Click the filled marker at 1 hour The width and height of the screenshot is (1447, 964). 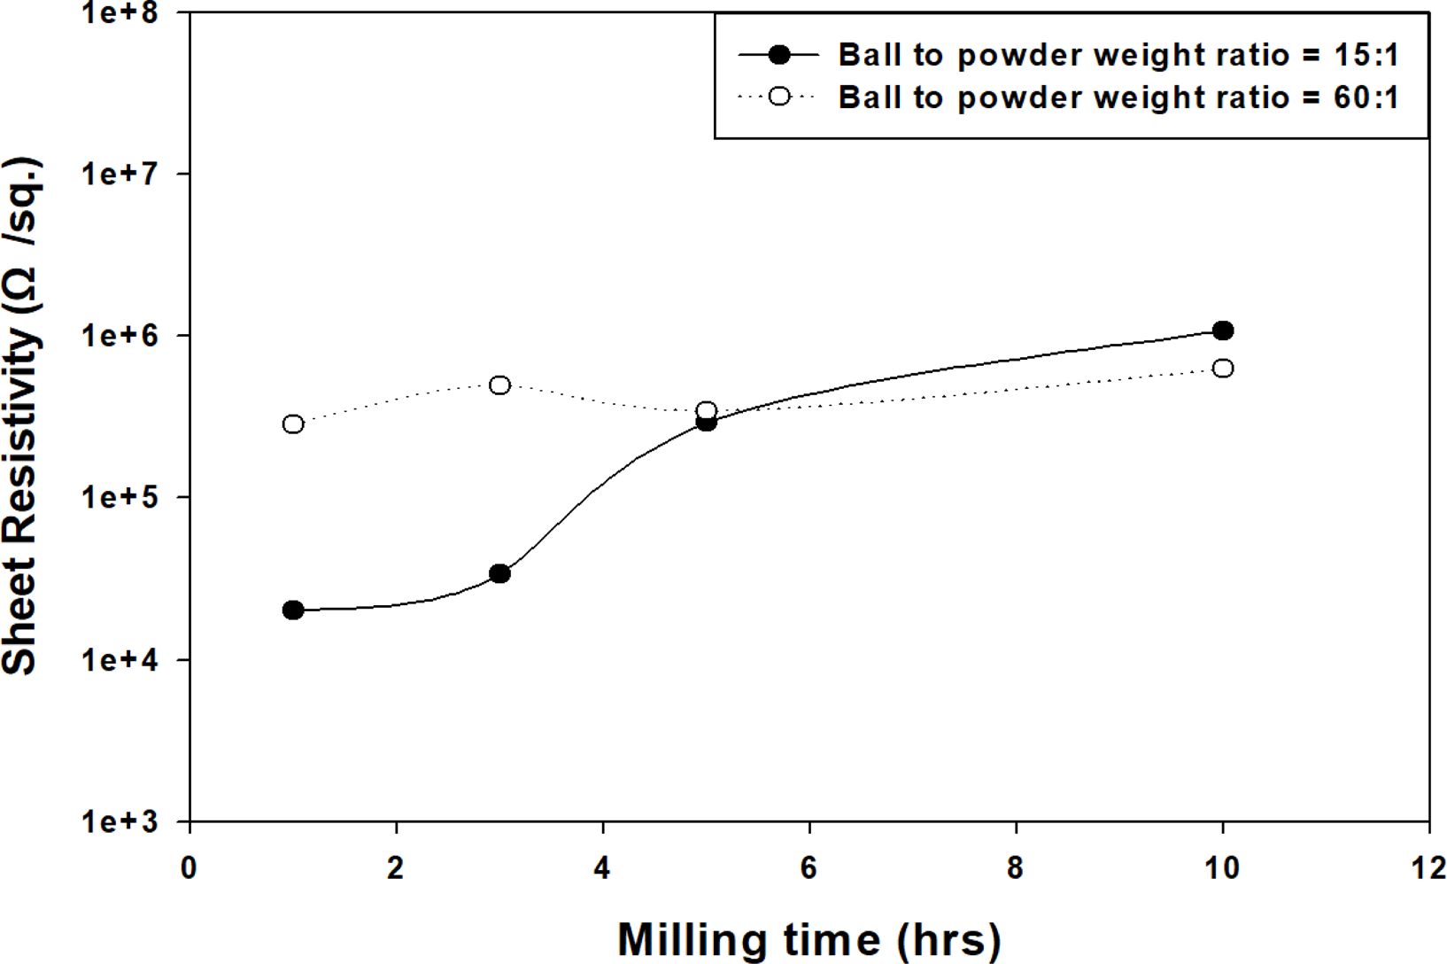click(x=293, y=610)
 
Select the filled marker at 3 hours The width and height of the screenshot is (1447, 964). click(x=499, y=573)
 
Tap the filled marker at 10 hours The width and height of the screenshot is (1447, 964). click(x=1223, y=330)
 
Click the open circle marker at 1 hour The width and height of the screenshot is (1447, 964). click(x=293, y=424)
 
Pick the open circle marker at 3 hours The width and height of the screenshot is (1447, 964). click(x=499, y=385)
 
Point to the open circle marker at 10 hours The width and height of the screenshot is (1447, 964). click(x=1223, y=368)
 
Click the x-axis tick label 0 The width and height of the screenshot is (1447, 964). click(x=189, y=868)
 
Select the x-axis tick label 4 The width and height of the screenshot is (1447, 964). click(x=602, y=868)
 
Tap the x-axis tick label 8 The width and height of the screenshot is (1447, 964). click(x=1016, y=868)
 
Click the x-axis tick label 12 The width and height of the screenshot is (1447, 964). click(x=1428, y=868)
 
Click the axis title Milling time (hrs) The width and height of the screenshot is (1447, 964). click(x=809, y=939)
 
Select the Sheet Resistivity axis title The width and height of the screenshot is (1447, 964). click(x=21, y=416)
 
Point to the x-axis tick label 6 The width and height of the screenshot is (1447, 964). click(x=809, y=868)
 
